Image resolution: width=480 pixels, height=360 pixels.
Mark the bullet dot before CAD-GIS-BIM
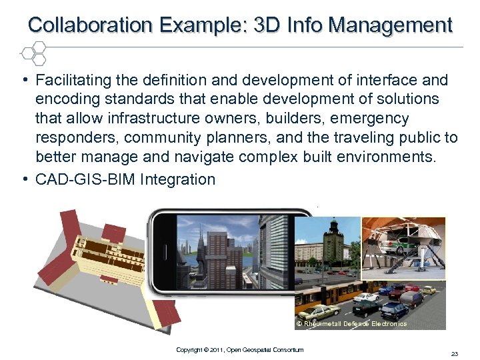24,177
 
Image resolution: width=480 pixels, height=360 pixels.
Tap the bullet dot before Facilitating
24,79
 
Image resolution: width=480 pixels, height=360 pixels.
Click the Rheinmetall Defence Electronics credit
351,323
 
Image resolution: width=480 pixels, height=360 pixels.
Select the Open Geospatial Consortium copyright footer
239,349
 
